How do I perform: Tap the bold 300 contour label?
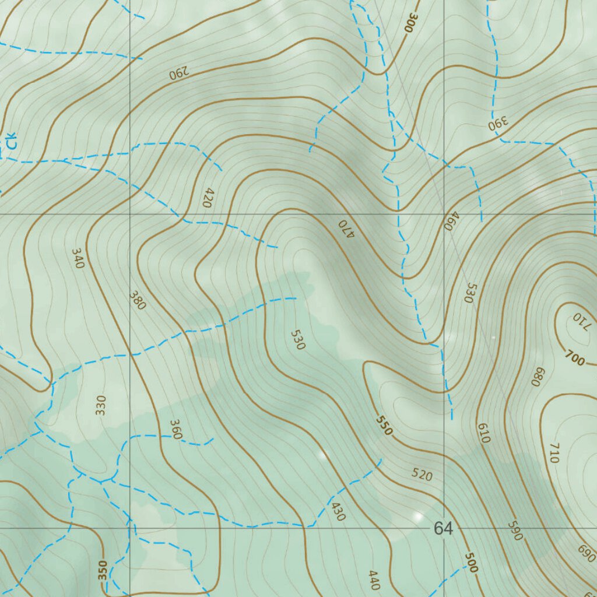point(412,22)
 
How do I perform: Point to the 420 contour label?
point(208,198)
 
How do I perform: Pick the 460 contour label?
point(449,221)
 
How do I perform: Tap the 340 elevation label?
point(78,258)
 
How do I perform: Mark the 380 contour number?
point(138,300)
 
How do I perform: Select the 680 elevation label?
point(538,377)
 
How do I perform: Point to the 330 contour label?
point(101,405)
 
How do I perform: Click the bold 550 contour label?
point(384,426)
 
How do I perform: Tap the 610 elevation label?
point(483,433)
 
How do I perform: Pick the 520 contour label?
point(422,475)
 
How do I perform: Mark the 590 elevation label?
point(514,530)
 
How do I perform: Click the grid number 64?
point(443,528)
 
